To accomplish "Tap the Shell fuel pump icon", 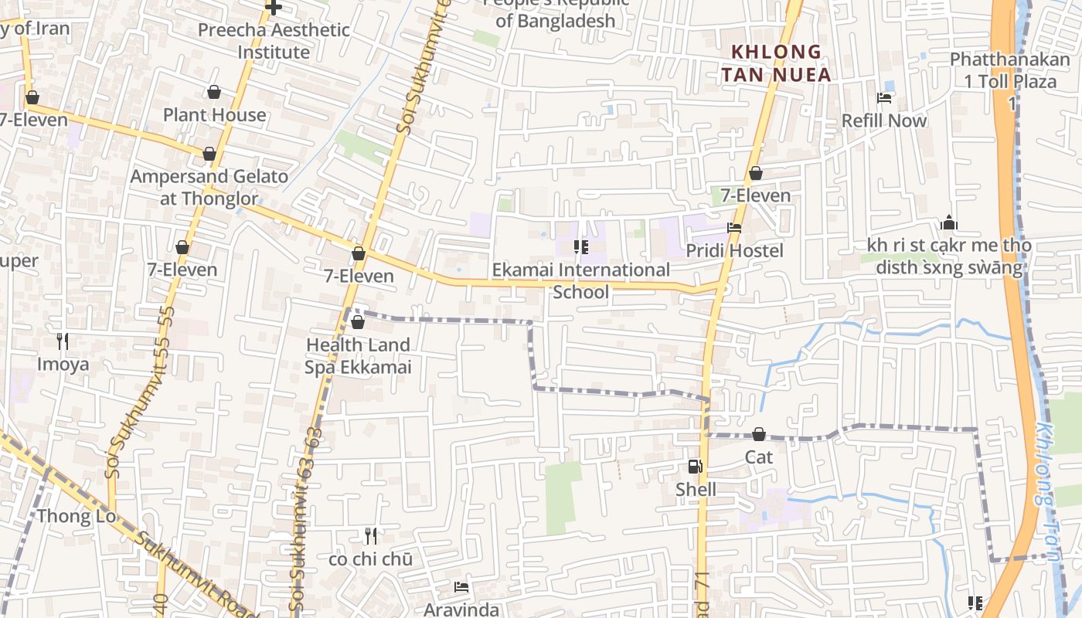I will [x=695, y=466].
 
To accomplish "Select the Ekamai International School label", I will [x=581, y=280].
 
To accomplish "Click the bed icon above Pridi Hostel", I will [x=733, y=228].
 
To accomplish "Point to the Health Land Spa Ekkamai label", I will [x=358, y=355].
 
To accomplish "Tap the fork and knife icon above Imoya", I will [x=63, y=341].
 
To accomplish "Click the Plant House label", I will [x=214, y=115].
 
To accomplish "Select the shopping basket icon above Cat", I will [x=759, y=434].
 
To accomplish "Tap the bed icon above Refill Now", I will [x=884, y=98].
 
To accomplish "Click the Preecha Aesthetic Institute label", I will [x=274, y=41].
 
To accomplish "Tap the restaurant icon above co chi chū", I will [x=371, y=535].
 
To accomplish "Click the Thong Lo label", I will [x=77, y=515].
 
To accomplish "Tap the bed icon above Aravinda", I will [x=461, y=587].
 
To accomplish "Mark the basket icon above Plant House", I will [x=214, y=93].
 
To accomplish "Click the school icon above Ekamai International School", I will [x=580, y=247].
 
